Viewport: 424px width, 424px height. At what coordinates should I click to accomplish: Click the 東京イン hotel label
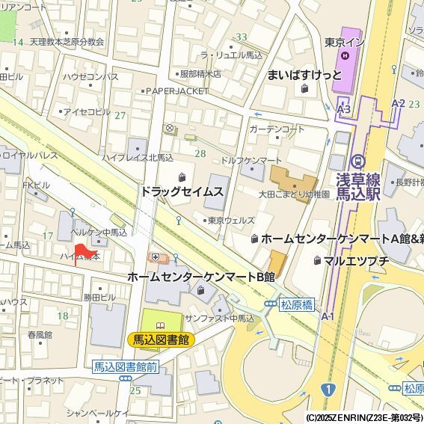345,42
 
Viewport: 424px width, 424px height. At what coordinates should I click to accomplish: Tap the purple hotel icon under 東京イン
345,55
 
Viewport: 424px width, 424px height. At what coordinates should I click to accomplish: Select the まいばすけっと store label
304,75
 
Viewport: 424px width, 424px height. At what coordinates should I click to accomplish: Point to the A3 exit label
343,110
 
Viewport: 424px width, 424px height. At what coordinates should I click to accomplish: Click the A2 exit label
398,103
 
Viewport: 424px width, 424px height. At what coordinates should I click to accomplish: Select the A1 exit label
328,317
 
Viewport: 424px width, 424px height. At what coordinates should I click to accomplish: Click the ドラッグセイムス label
182,192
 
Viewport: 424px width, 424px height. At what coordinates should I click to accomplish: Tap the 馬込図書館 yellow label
160,339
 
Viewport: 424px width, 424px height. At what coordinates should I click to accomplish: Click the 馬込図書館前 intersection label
126,366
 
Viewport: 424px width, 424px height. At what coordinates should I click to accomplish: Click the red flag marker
81,252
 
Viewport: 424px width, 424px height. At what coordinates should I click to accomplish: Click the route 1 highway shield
327,390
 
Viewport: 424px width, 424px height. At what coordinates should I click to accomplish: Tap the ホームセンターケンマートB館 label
200,277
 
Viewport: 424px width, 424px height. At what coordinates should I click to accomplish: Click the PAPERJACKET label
177,90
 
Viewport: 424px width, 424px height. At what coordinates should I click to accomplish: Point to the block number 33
241,37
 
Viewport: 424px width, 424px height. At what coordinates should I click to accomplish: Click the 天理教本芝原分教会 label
67,42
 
